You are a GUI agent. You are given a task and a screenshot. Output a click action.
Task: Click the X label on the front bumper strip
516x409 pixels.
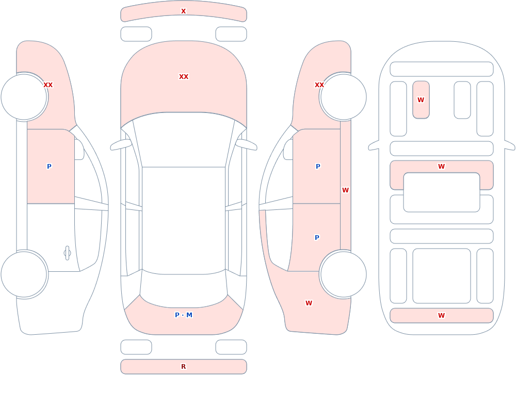click(183, 11)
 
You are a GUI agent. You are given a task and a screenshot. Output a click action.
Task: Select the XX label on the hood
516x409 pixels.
click(184, 77)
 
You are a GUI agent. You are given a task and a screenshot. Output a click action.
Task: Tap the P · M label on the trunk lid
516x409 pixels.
click(184, 315)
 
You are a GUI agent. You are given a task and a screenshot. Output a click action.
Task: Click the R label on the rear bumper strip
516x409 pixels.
click(183, 367)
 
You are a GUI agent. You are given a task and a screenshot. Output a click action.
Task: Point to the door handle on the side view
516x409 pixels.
click(67, 253)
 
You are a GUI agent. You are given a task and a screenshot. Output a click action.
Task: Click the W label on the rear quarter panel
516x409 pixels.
click(309, 303)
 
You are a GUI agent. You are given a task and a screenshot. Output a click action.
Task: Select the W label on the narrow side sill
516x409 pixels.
click(345, 190)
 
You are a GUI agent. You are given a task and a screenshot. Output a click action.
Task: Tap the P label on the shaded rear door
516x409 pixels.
click(317, 238)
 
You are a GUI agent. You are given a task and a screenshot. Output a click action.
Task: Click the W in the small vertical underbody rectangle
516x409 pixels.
click(421, 100)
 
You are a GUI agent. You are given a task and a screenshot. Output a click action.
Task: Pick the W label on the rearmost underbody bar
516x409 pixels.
click(441, 316)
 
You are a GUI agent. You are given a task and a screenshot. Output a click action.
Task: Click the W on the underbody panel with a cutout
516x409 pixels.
click(441, 167)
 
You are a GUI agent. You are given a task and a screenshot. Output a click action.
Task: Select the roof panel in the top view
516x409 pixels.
click(184, 220)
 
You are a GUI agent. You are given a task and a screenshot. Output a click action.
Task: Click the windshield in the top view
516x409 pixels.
click(184, 140)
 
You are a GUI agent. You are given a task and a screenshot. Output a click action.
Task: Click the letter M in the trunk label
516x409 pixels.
click(189, 315)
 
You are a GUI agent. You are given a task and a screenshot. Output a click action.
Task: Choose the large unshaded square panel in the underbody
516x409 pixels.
click(441, 276)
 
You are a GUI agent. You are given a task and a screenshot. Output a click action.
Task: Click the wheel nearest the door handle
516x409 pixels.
click(24, 274)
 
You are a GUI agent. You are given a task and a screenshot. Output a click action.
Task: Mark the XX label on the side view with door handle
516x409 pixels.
click(48, 85)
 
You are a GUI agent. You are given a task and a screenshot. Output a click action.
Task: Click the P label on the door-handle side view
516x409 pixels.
click(49, 167)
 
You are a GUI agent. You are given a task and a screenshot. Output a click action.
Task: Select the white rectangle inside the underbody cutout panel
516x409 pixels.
click(441, 192)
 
